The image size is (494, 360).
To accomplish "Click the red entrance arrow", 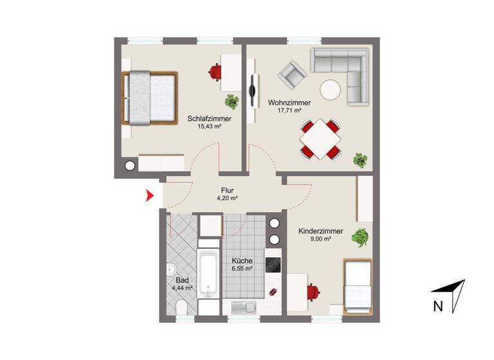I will [x=150, y=196].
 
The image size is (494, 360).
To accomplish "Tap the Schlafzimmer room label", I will [x=210, y=118].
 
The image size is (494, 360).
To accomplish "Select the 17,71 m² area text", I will [x=289, y=111].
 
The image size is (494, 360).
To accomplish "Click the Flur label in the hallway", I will [x=226, y=190].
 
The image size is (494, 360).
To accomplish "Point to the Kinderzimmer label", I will [x=320, y=231].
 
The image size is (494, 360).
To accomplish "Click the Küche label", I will [x=242, y=260].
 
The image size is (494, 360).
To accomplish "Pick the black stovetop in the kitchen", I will [x=273, y=265].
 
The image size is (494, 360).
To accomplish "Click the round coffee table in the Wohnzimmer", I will [x=331, y=90].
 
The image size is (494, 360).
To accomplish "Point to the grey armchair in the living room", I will [x=292, y=75].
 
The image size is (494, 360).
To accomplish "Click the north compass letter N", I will [x=438, y=307].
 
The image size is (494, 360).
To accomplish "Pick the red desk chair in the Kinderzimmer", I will [x=314, y=291].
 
